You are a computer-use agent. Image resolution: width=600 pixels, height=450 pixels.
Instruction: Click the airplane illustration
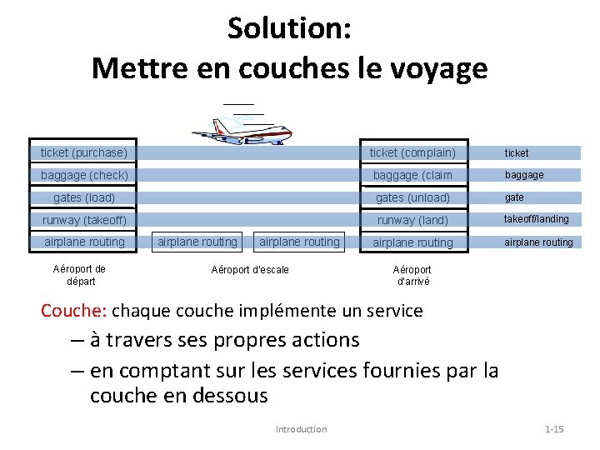[242, 130]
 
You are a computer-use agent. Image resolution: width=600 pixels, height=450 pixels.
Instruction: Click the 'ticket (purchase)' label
[84, 152]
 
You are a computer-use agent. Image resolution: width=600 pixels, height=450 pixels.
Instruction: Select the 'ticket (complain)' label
[412, 152]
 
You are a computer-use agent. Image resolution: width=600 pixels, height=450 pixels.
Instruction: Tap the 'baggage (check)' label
[84, 175]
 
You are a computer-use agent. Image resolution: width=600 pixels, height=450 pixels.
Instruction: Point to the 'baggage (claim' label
[412, 175]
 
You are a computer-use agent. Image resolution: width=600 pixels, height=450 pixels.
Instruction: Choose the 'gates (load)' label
[84, 197]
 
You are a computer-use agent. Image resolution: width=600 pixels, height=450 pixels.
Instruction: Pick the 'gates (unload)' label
[412, 197]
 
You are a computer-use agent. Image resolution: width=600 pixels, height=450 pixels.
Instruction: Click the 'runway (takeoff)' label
[84, 220]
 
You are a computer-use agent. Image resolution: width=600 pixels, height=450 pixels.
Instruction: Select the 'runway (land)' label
[412, 220]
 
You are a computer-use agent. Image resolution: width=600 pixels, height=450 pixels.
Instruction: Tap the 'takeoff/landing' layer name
[536, 219]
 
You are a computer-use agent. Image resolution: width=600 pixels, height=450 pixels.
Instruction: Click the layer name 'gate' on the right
[514, 197]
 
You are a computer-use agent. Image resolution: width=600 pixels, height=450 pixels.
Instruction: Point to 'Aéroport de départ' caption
[79, 275]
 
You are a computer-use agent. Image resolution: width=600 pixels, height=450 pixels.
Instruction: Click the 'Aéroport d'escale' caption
[250, 270]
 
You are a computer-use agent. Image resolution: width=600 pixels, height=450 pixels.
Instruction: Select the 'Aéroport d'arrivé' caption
[412, 275]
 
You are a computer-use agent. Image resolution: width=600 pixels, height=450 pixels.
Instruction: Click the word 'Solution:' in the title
[289, 29]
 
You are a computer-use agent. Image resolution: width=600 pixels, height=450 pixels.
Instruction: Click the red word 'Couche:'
[74, 311]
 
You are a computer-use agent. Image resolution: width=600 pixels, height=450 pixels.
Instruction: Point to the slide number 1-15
[554, 429]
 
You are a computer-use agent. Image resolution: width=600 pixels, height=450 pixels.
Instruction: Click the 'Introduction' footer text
[301, 429]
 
